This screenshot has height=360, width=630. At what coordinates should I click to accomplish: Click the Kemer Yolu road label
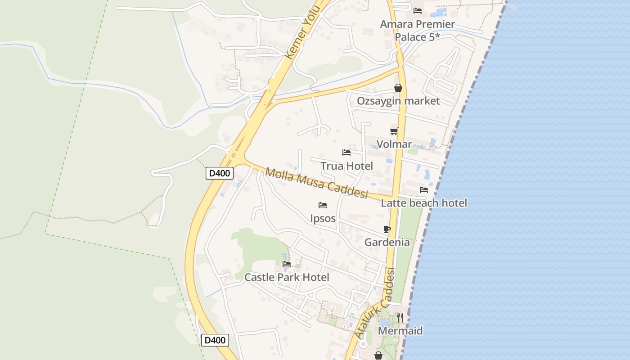point(303,32)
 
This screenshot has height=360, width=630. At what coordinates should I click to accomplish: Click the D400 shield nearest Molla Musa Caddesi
point(219,173)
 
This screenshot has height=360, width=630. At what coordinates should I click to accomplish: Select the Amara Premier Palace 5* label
point(417,30)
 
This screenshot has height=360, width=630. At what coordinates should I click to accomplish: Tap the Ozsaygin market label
point(398,101)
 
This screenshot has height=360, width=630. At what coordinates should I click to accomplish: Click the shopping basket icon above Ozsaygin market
point(398,88)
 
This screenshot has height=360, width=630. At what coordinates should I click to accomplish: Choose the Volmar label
point(394,144)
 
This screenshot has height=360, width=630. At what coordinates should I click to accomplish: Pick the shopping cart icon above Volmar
point(394,131)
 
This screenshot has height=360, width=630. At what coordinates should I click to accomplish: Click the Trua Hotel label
point(346,166)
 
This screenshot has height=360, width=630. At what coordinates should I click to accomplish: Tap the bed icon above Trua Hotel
point(346,153)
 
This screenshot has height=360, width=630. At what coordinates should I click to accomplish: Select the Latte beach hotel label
point(424,203)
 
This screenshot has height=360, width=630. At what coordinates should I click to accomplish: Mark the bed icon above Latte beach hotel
point(424,190)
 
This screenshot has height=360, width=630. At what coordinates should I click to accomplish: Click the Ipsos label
point(323,218)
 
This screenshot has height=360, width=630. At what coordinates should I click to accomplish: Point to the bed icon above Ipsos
point(323,205)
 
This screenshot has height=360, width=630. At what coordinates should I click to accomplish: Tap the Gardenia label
point(387,243)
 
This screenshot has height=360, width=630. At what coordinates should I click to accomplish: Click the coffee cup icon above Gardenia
point(387,229)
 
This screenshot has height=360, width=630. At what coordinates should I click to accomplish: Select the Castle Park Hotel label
point(287,277)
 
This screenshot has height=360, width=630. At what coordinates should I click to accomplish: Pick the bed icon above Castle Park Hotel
point(287,264)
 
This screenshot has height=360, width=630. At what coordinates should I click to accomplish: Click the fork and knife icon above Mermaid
point(400,318)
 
